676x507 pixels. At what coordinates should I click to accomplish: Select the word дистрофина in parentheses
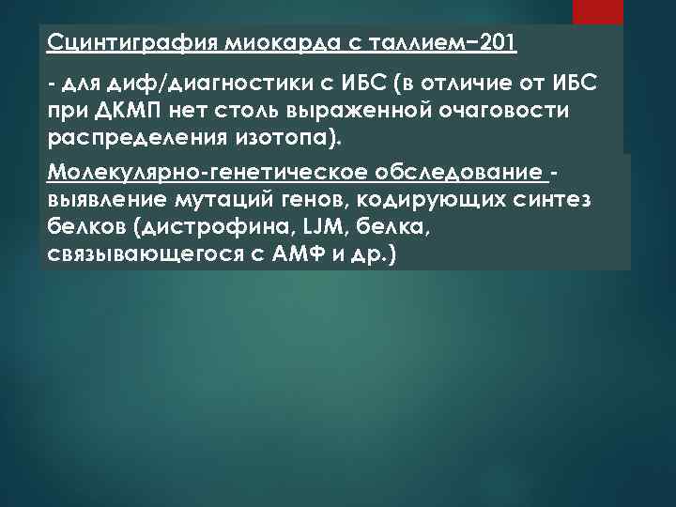click(211, 227)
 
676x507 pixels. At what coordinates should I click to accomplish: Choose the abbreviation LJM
click(316, 227)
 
